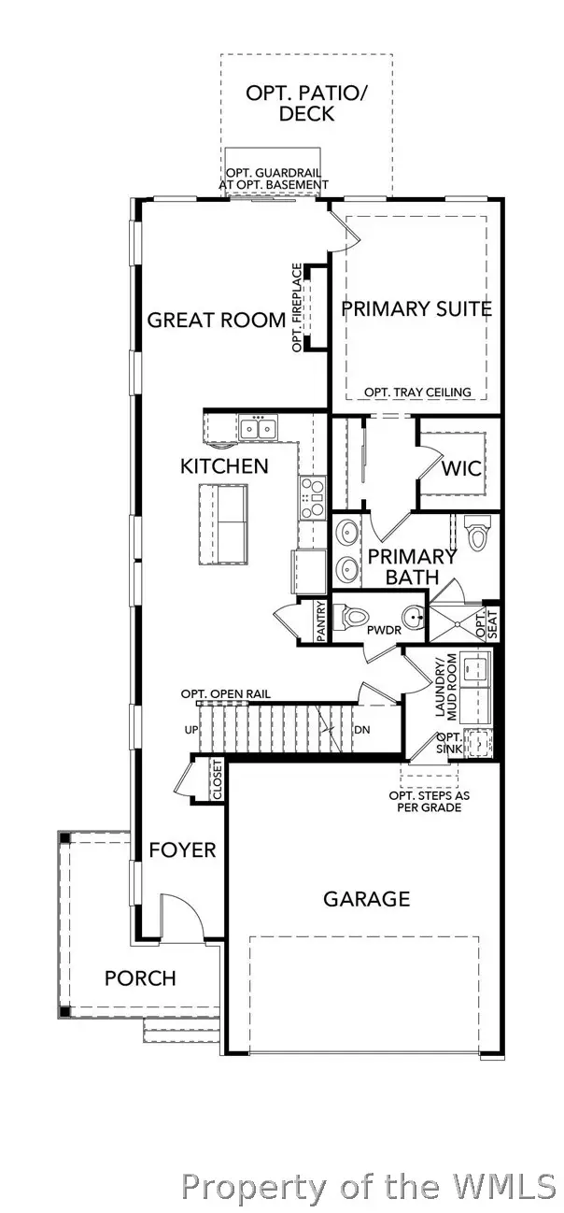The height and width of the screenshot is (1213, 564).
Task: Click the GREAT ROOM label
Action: click(x=217, y=321)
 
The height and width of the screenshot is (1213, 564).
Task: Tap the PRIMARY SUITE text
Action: click(x=416, y=309)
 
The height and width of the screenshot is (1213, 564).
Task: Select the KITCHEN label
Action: click(x=224, y=465)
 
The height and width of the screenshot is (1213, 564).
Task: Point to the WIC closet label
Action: click(x=462, y=467)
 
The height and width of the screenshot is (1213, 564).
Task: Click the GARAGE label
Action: click(x=366, y=899)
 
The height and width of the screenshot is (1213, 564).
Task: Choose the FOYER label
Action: click(x=183, y=849)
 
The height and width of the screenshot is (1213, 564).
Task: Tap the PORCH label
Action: click(x=140, y=978)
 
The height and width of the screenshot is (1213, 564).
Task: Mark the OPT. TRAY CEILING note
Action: click(x=417, y=392)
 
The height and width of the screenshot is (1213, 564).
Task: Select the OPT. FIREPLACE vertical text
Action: click(x=298, y=307)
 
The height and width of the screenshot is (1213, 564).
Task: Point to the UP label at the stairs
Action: click(x=191, y=730)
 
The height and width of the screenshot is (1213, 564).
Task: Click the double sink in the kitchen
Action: click(x=257, y=429)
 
